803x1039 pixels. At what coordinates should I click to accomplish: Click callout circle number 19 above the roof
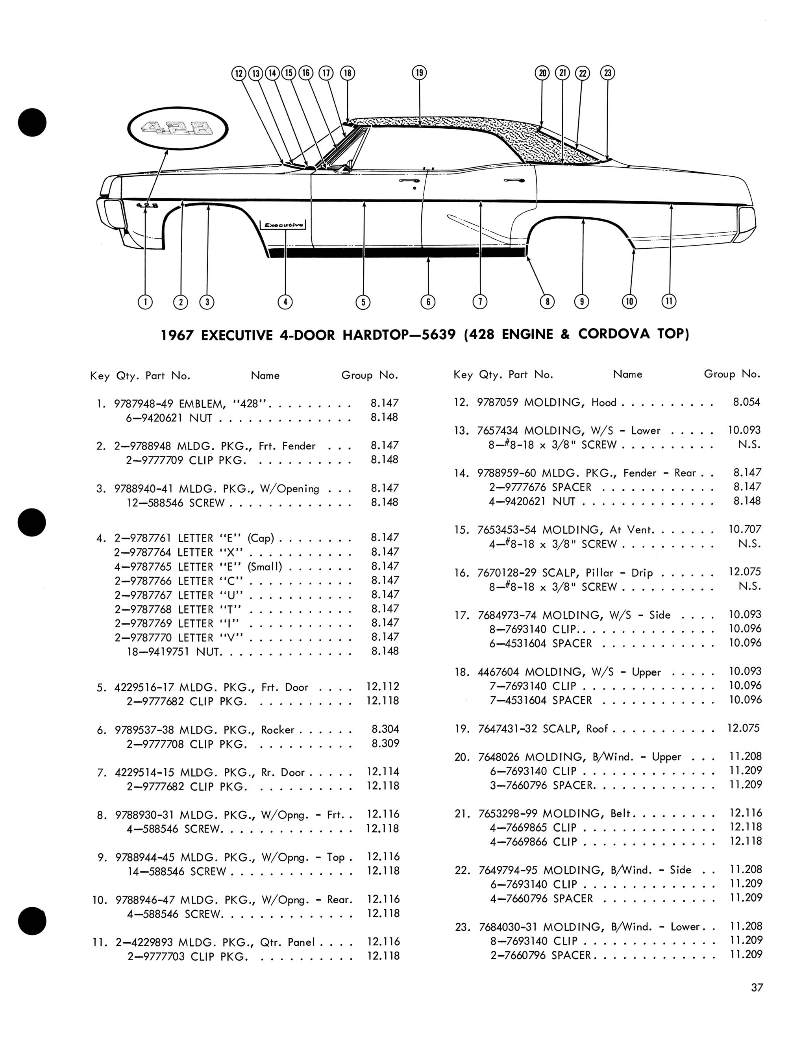click(419, 73)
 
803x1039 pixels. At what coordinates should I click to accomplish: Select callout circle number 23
click(607, 73)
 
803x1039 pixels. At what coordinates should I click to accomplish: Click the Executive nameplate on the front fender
click(283, 225)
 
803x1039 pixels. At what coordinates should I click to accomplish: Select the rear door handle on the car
click(514, 180)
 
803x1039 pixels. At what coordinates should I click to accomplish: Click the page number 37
click(757, 987)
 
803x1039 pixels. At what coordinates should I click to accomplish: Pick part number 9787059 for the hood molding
click(498, 403)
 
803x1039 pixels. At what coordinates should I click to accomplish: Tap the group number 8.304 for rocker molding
click(385, 729)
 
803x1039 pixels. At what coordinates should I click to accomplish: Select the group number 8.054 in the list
click(746, 402)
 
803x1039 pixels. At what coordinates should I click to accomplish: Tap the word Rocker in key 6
click(278, 730)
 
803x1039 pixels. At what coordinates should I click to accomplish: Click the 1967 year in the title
click(177, 335)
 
